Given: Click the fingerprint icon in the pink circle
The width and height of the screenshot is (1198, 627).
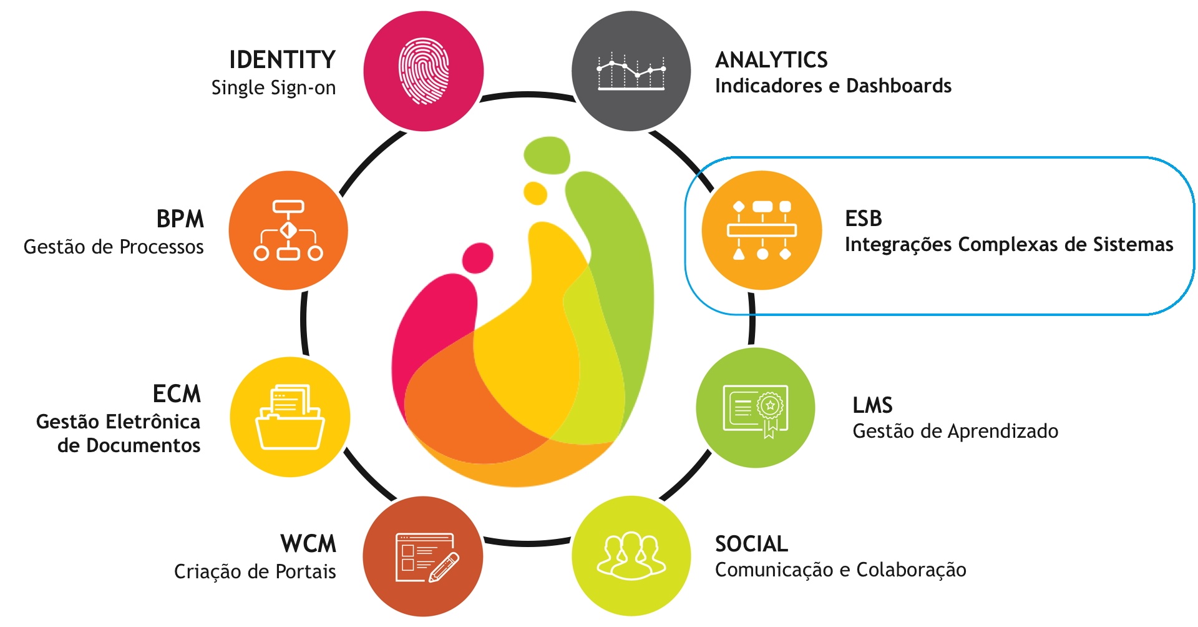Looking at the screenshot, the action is (424, 71).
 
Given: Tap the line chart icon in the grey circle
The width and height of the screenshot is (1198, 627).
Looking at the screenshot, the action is (631, 71).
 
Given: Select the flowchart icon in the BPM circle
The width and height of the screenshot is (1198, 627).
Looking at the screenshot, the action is (288, 230).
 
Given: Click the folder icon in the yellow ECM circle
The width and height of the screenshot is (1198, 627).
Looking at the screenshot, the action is (290, 417).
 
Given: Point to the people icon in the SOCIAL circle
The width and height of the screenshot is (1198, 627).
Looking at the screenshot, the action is (631, 555).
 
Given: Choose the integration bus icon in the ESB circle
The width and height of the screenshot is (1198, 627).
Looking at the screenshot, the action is (762, 230).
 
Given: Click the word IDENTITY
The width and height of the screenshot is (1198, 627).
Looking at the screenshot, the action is (282, 60).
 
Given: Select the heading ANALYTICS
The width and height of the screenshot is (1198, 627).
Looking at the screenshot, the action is (771, 60).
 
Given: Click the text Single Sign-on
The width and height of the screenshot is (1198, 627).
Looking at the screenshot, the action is (273, 87).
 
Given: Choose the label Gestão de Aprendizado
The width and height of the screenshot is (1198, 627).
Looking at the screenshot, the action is (955, 431).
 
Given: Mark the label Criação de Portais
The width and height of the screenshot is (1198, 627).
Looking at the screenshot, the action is (255, 571).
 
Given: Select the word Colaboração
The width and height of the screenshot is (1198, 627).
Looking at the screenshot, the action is (911, 570).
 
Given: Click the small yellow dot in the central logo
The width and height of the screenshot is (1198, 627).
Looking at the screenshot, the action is (535, 193).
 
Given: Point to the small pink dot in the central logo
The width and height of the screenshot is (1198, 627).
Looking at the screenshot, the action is (477, 257).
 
